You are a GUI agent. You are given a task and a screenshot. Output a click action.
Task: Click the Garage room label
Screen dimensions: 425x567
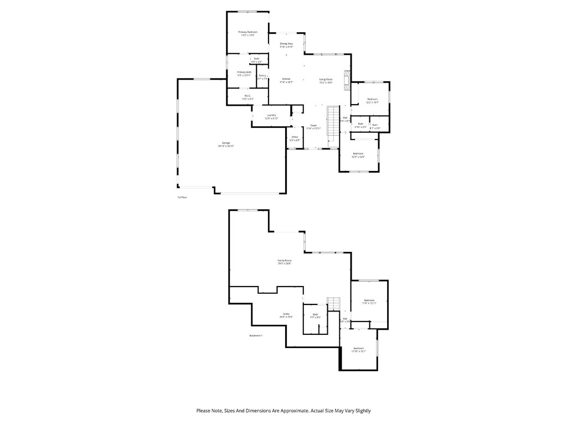click(x=226, y=143)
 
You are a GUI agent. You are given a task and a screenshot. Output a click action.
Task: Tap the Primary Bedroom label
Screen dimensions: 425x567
click(x=248, y=33)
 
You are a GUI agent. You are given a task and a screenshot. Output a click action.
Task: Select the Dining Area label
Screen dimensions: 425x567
click(x=286, y=44)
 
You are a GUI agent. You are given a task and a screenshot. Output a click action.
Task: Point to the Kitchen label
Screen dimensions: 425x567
click(x=286, y=79)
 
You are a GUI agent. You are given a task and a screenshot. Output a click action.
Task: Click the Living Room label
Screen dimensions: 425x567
click(x=326, y=79)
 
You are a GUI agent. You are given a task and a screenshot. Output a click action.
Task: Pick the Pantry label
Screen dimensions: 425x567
click(x=262, y=76)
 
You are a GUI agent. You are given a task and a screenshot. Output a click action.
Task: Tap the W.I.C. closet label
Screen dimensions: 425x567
click(x=248, y=96)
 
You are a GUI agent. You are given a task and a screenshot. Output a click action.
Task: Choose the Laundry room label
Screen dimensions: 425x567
click(x=271, y=115)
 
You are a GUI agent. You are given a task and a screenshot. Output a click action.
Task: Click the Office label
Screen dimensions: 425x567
click(x=295, y=137)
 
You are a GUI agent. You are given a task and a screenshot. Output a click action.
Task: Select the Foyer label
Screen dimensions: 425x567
click(x=313, y=126)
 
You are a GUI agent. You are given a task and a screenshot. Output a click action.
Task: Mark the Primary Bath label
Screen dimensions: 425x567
click(x=244, y=72)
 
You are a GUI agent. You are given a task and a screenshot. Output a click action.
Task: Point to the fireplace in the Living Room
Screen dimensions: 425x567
click(x=347, y=80)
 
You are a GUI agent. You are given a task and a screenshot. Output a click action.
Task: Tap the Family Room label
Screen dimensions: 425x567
click(x=285, y=261)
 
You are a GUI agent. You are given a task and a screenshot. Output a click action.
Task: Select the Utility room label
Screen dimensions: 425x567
click(x=286, y=314)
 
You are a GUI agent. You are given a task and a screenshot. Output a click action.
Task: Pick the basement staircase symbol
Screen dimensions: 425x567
click(x=333, y=304)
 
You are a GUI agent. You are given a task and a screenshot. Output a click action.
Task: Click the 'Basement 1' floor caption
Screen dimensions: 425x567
click(x=256, y=335)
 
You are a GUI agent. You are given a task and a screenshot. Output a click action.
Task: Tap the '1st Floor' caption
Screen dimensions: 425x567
click(x=182, y=197)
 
